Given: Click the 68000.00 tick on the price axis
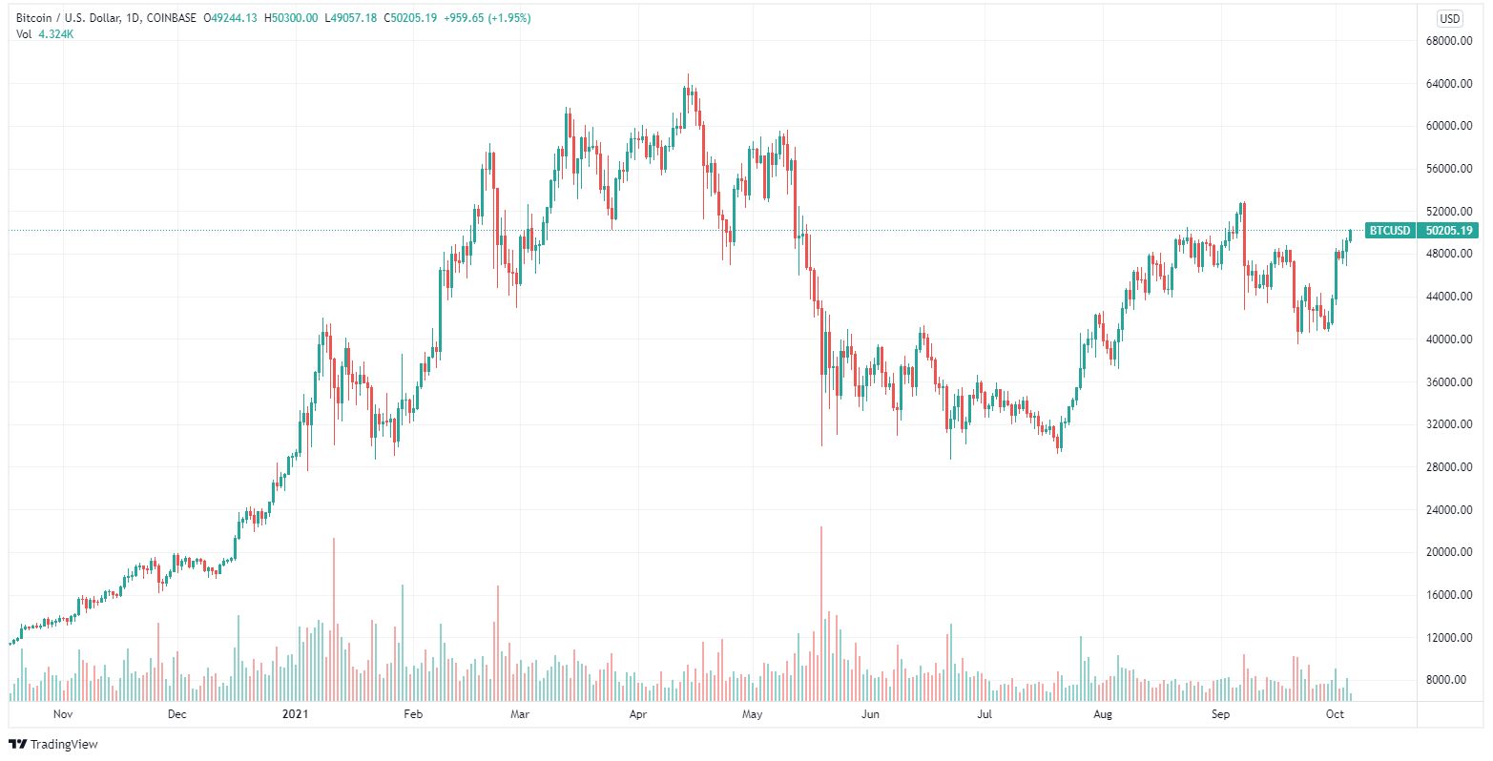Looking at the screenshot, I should [1448, 41].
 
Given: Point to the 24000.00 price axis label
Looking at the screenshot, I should [1448, 510].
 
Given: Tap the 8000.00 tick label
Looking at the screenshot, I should [1451, 680].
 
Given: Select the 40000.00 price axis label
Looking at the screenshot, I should [1448, 339].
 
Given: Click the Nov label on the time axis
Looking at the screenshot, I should [63, 713].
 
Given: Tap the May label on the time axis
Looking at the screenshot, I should [753, 713].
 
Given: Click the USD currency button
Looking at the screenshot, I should [1450, 18].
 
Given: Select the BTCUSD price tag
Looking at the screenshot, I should [1388, 230].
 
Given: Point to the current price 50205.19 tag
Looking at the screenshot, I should [1448, 230].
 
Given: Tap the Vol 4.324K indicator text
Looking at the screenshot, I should [46, 34].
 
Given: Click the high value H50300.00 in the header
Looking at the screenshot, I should [291, 18].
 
